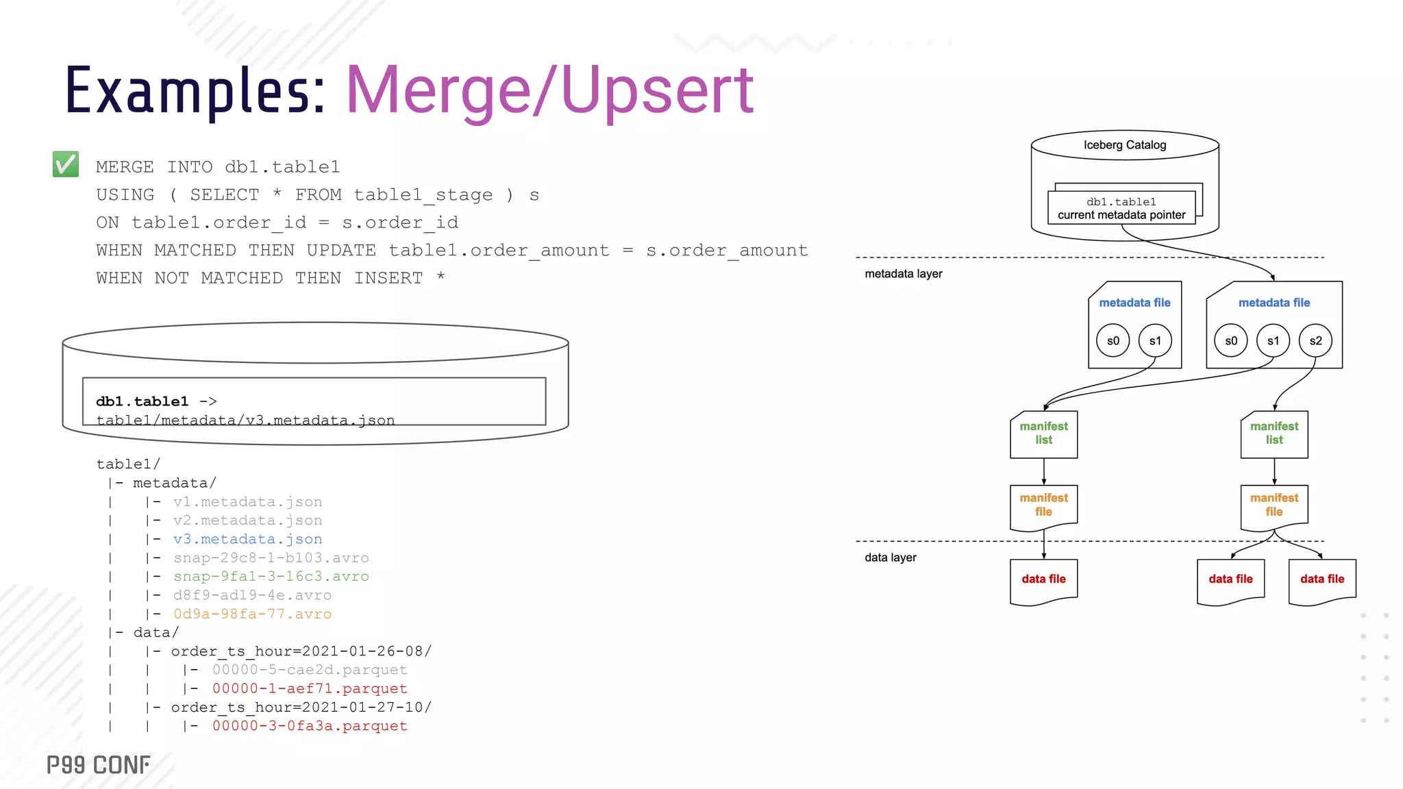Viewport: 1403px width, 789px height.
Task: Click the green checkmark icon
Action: [x=66, y=164]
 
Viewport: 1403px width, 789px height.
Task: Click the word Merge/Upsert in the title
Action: [x=549, y=91]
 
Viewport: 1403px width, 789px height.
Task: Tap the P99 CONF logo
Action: [x=98, y=765]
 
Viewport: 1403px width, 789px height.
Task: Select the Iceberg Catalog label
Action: [x=1124, y=145]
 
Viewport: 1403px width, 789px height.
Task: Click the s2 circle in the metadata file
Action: [x=1315, y=341]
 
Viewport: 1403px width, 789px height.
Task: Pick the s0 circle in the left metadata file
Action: [x=1113, y=341]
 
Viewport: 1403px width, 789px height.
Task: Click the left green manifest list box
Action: [x=1043, y=434]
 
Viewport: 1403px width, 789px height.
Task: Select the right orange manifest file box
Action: [x=1274, y=505]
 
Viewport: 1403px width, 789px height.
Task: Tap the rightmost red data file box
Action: [x=1321, y=579]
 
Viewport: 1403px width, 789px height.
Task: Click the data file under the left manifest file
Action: [x=1043, y=579]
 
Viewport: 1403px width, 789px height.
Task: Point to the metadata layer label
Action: [x=903, y=274]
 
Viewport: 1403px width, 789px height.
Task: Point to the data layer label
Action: [x=890, y=558]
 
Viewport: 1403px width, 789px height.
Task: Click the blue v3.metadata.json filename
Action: [x=247, y=540]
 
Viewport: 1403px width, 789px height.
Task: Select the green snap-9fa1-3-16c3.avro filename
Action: [x=271, y=577]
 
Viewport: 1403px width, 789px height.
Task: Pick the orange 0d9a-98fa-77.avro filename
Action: [x=252, y=614]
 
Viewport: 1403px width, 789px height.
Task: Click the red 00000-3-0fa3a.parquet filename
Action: [x=310, y=726]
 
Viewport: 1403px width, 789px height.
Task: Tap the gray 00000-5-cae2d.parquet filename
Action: [x=310, y=670]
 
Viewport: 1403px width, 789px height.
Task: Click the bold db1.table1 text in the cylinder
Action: [x=142, y=401]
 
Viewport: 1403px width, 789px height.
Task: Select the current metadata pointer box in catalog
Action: [x=1121, y=208]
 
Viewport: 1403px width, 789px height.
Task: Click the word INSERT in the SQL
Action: [x=388, y=278]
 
